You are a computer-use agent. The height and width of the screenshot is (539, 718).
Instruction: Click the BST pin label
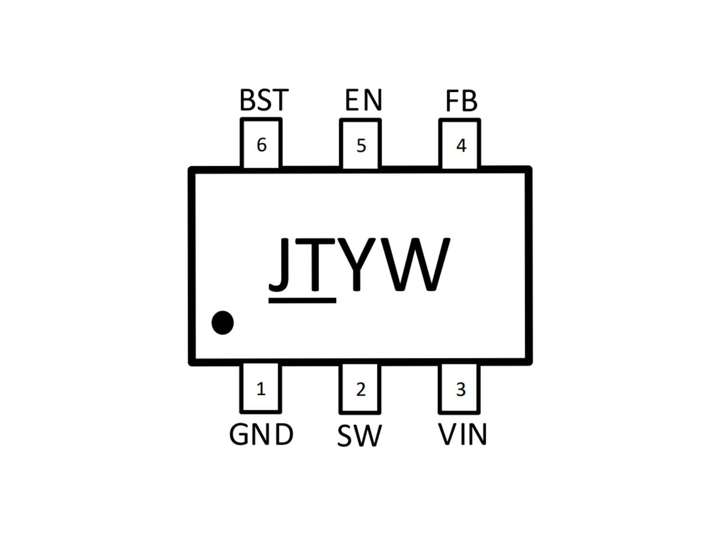(264, 100)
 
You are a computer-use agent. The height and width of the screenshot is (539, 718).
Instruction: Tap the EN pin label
(364, 100)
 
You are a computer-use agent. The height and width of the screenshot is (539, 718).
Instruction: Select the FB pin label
(461, 101)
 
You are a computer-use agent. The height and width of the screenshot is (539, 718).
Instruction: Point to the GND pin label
(261, 435)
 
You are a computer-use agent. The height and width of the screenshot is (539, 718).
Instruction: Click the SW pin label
(359, 436)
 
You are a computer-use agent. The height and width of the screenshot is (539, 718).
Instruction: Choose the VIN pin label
(462, 434)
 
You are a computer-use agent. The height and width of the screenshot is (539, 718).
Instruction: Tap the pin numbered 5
(360, 144)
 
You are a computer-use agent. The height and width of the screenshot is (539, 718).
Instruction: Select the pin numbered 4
(460, 144)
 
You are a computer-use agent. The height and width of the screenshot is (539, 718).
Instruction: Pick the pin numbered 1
(261, 388)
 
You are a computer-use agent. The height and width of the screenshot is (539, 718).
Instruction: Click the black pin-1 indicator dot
(222, 323)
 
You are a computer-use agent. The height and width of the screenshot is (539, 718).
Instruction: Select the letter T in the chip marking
(315, 265)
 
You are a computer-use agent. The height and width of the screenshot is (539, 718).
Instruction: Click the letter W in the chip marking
(414, 265)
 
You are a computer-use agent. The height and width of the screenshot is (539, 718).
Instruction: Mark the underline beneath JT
(302, 300)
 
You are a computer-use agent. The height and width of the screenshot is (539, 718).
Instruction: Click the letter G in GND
(240, 435)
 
